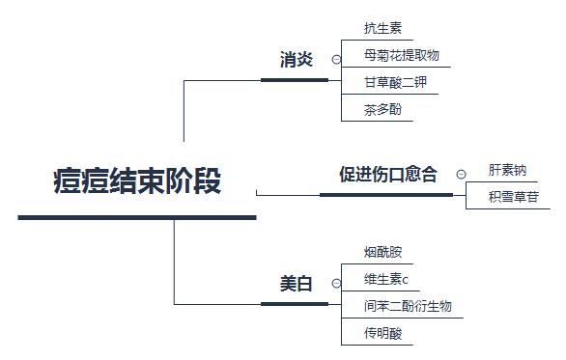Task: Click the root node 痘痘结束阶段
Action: (x=137, y=181)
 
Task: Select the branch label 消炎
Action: (x=297, y=60)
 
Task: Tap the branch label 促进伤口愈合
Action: (x=387, y=175)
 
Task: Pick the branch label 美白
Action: (x=297, y=284)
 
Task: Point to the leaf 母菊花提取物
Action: (x=401, y=55)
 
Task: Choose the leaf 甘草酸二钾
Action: (x=395, y=82)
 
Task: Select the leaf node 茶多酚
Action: (x=382, y=109)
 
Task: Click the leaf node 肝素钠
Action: (x=507, y=170)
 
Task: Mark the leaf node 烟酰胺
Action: (x=382, y=252)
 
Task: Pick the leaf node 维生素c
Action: (x=386, y=280)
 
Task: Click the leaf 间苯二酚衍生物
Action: (x=408, y=307)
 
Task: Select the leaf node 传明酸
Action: (x=382, y=334)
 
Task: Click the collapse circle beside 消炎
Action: (x=336, y=60)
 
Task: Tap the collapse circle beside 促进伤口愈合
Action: (x=461, y=175)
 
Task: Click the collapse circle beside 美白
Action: (x=336, y=285)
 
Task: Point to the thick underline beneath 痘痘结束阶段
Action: (x=137, y=217)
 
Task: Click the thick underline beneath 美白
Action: (x=295, y=304)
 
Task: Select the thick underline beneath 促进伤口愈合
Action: (x=385, y=194)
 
